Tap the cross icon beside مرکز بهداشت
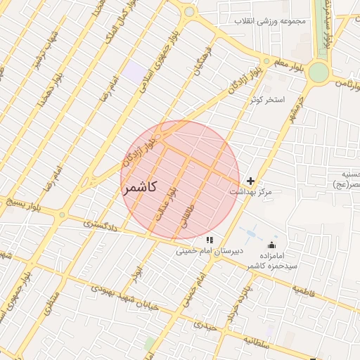point(250,181)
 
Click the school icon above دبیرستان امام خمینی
point(209,240)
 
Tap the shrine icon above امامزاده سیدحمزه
point(271,245)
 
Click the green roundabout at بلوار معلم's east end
point(319,72)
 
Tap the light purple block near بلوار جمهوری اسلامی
point(132,70)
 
